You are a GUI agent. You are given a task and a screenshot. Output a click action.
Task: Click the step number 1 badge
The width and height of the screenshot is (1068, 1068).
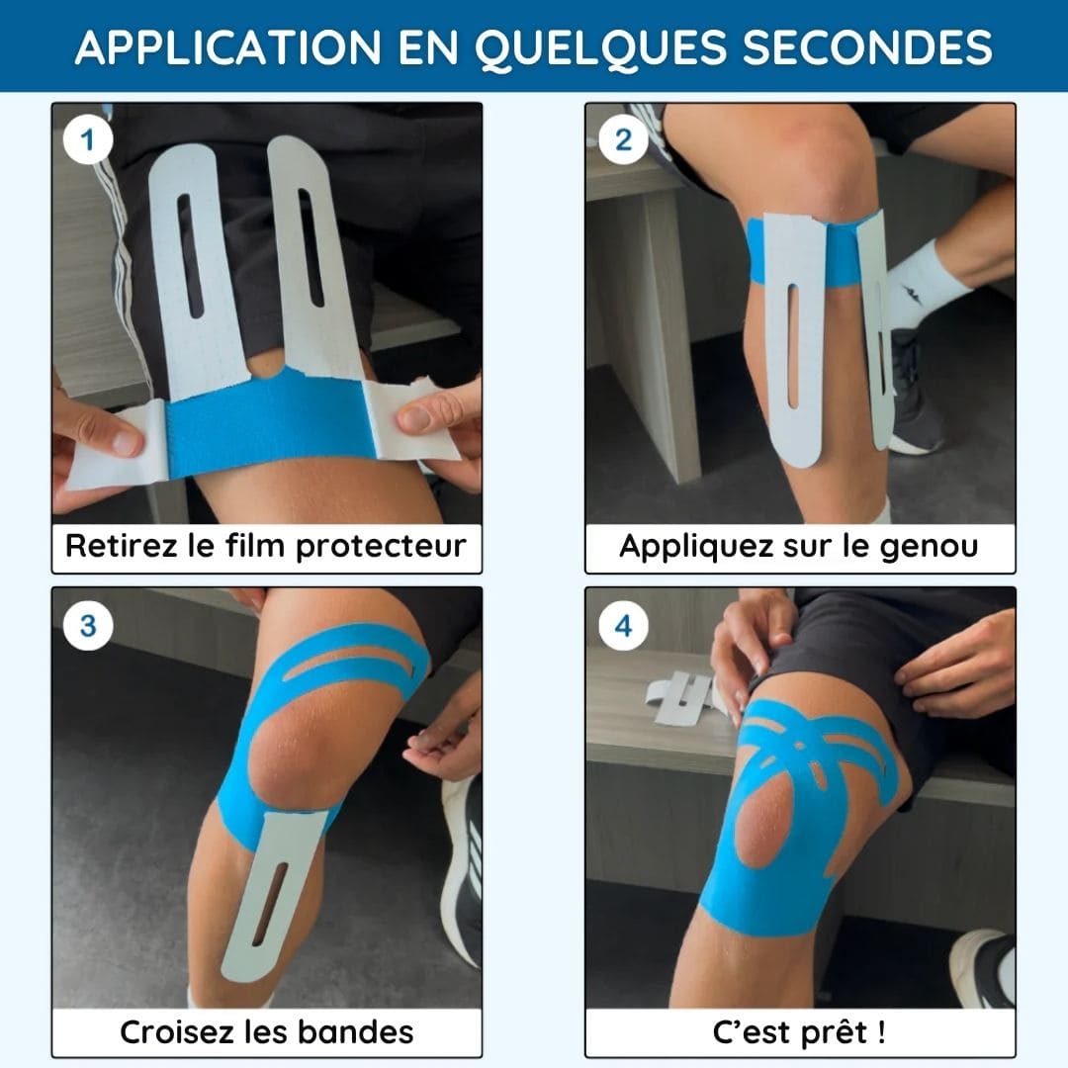87,140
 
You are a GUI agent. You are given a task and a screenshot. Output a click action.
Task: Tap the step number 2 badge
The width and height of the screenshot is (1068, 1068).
623,140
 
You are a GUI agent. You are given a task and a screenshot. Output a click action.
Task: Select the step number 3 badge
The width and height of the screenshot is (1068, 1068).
88,626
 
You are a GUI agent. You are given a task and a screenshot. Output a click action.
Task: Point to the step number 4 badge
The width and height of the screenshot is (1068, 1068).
623,626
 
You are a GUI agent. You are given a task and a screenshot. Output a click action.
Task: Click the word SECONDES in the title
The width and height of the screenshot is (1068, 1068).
867,47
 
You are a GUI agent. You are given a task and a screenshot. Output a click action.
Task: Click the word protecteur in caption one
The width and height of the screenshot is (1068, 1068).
382,547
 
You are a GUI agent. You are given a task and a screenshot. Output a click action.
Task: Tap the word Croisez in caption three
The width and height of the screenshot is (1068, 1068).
178,1031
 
